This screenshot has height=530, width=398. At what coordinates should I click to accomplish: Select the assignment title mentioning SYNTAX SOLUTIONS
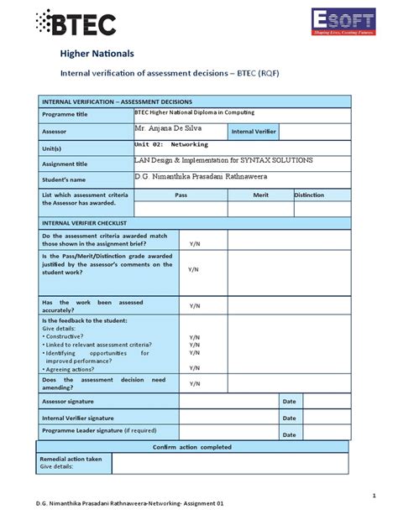pos(223,159)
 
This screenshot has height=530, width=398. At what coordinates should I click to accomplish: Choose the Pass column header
pos(181,195)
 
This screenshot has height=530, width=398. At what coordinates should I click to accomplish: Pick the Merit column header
pos(260,195)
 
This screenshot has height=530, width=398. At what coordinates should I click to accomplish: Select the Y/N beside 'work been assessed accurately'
pos(195,306)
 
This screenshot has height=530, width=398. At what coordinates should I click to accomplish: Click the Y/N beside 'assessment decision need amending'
pos(195,383)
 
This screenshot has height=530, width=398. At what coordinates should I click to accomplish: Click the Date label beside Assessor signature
pos(289,401)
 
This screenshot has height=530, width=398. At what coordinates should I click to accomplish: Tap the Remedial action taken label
pos(71,459)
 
